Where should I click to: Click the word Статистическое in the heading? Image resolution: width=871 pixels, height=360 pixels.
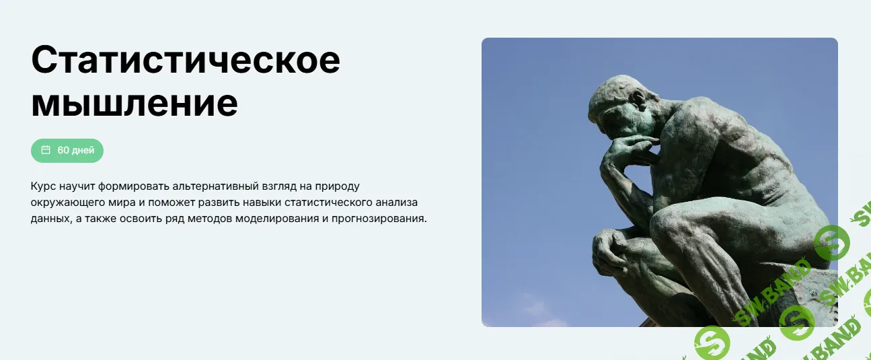(x=186, y=61)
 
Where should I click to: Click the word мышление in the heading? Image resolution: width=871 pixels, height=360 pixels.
(x=135, y=103)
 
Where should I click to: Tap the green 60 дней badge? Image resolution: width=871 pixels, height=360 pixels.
(x=67, y=150)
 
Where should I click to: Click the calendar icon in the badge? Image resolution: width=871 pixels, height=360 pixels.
(x=46, y=150)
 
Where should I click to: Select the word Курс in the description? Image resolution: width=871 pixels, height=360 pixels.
(x=42, y=185)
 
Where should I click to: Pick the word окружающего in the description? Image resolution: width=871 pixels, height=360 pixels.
(x=63, y=202)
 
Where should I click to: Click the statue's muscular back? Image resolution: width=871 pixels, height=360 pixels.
(x=747, y=155)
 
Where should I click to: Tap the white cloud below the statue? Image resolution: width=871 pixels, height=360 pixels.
(x=538, y=313)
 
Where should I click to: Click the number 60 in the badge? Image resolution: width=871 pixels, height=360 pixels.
(x=63, y=150)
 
